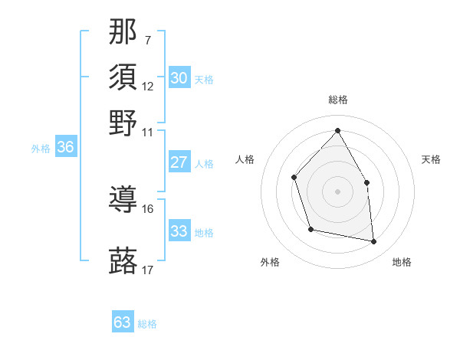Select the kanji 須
click(x=123, y=77)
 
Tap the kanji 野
click(x=123, y=123)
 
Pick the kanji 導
click(x=123, y=201)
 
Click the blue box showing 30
click(x=179, y=77)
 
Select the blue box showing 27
click(x=179, y=162)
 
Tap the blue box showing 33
click(x=179, y=231)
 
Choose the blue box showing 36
click(x=65, y=148)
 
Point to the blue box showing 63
click(x=123, y=322)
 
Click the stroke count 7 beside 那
click(x=147, y=39)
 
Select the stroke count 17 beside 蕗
click(x=147, y=270)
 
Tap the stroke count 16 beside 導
click(x=147, y=208)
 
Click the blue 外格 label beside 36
click(x=40, y=149)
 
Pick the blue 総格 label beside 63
click(x=147, y=324)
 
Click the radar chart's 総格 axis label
click(x=337, y=100)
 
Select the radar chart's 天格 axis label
click(x=431, y=159)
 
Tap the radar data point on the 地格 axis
click(x=374, y=242)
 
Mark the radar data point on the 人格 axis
click(x=294, y=178)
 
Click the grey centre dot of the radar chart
click(x=337, y=191)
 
